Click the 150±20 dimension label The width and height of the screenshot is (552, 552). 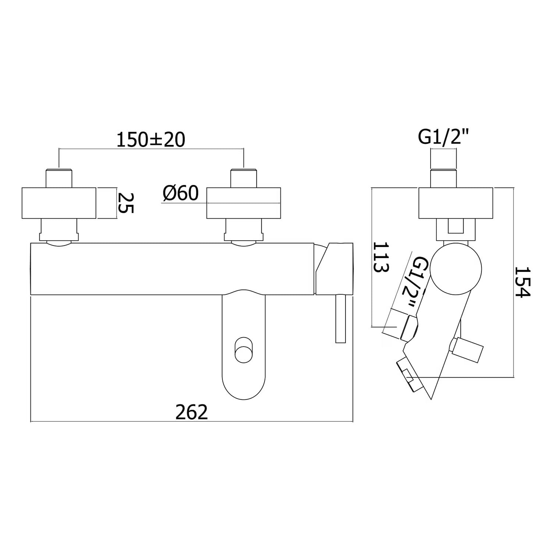click(151, 140)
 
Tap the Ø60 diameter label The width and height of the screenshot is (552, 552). click(180, 193)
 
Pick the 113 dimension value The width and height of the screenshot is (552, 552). click(381, 256)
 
